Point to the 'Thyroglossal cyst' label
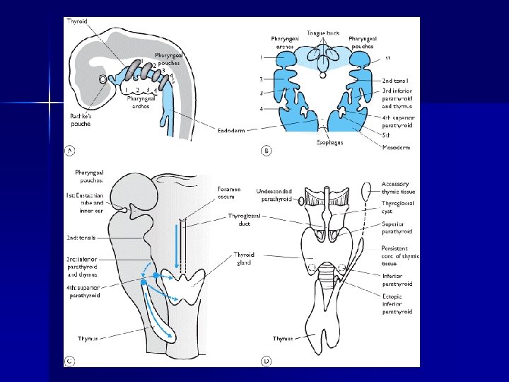pyautogui.click(x=397, y=209)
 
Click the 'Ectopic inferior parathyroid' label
pyautogui.click(x=397, y=303)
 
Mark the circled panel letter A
pyautogui.click(x=71, y=149)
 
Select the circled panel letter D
pyautogui.click(x=267, y=361)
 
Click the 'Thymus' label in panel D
pyautogui.click(x=283, y=339)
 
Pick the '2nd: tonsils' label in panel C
pyautogui.click(x=84, y=238)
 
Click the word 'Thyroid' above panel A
pyautogui.click(x=78, y=22)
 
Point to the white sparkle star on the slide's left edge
pyautogui.click(x=51, y=103)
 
